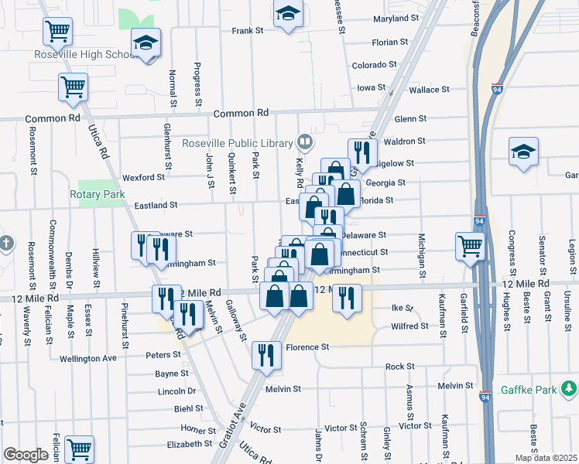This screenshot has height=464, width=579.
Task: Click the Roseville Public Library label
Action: tap(238, 143)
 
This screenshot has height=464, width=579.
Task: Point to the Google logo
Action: tap(26, 455)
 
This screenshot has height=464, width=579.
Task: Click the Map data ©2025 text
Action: tap(545, 458)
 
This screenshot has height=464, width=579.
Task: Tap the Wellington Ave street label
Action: tap(87, 358)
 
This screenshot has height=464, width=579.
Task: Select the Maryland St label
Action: tap(395, 18)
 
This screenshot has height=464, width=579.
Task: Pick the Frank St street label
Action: tap(248, 31)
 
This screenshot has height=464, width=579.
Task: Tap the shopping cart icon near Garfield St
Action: tap(470, 246)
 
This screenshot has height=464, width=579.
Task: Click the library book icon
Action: tap(304, 142)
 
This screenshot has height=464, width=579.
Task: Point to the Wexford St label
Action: tap(143, 177)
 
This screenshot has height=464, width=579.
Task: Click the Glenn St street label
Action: tap(410, 119)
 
